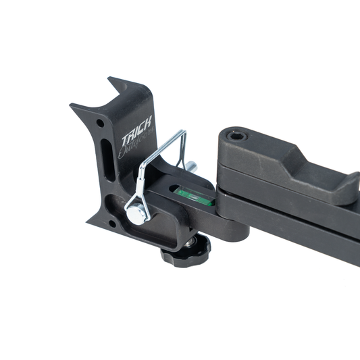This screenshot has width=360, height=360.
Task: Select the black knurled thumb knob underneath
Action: [x=185, y=254]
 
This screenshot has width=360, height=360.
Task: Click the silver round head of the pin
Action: [x=136, y=214]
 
